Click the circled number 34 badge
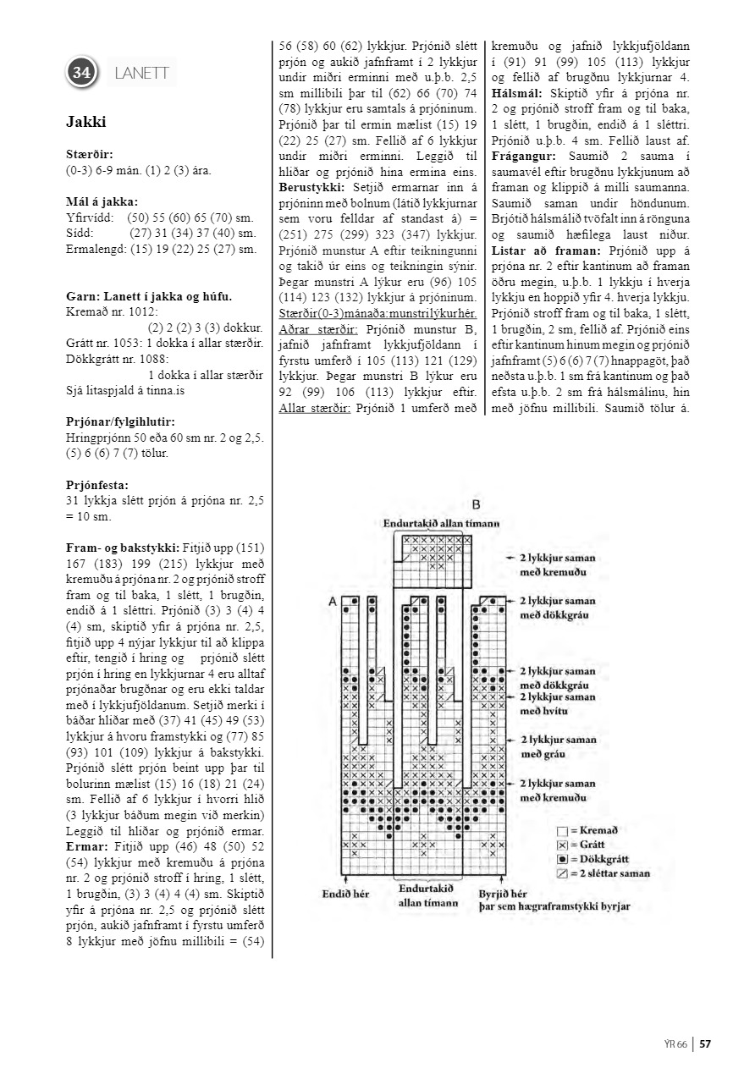click(82, 73)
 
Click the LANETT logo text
click(141, 74)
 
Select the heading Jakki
click(85, 122)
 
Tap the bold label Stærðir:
click(89, 155)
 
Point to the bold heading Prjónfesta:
click(96, 485)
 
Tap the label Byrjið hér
click(503, 894)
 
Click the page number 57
click(705, 1043)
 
